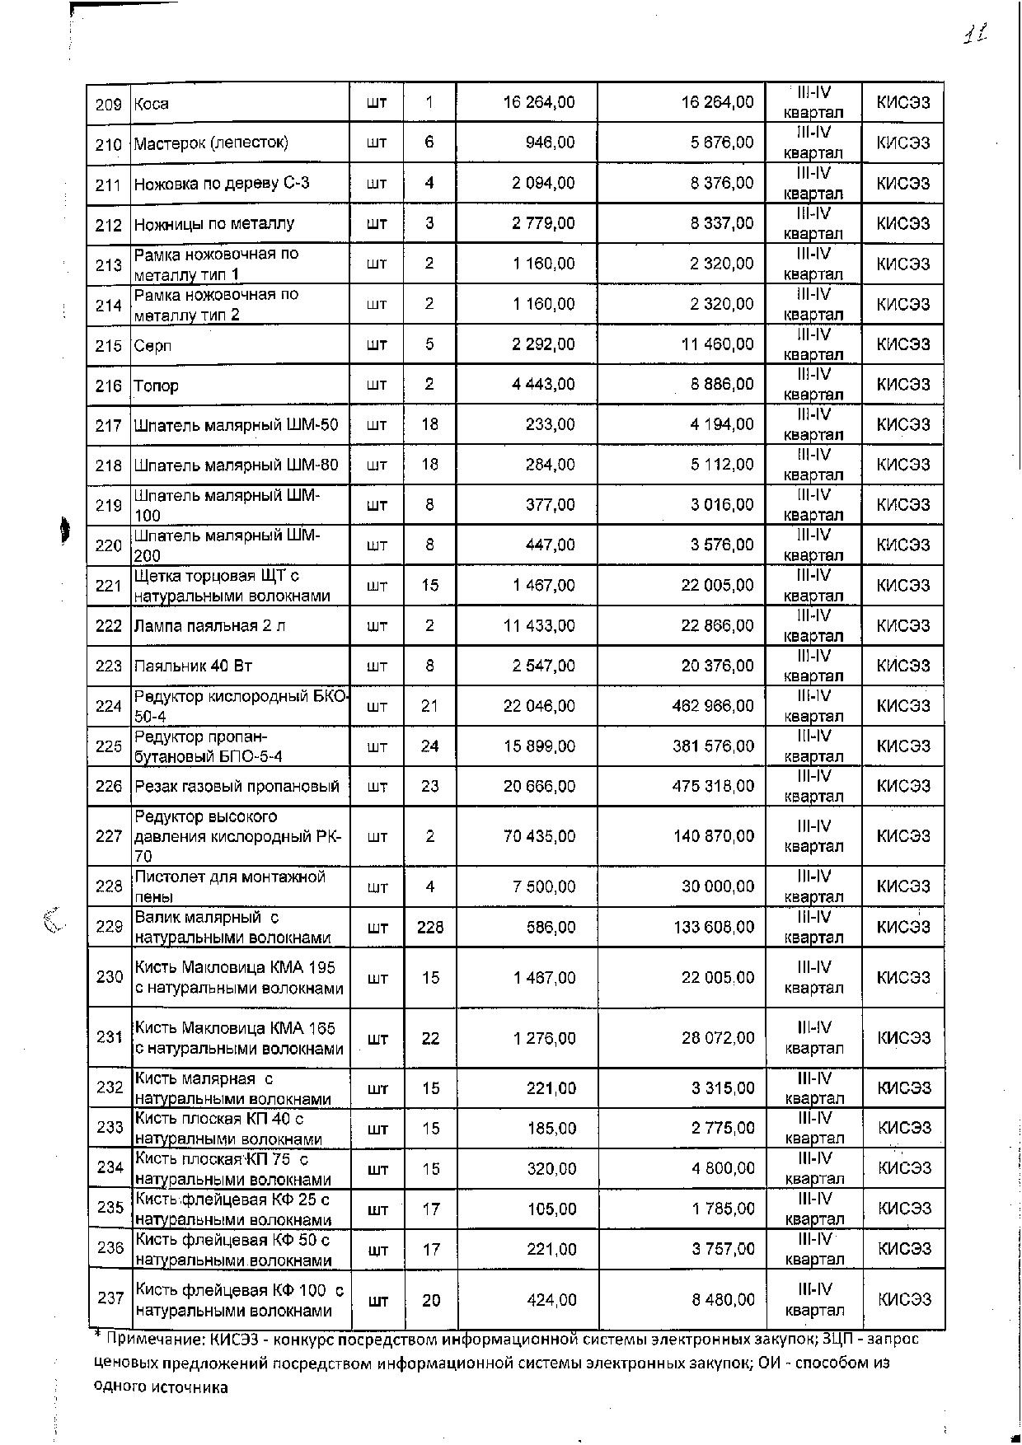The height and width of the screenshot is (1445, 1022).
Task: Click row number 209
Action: click(x=109, y=104)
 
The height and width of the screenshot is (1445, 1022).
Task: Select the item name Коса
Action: click(x=152, y=104)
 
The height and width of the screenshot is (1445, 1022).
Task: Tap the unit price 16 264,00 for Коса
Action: click(x=539, y=102)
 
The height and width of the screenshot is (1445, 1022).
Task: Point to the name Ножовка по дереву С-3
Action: click(x=222, y=183)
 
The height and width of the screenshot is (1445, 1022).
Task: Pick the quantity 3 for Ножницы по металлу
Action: click(x=429, y=223)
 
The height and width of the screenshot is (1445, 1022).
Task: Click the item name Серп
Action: click(x=152, y=345)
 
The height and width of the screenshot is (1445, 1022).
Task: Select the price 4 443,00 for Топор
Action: click(x=543, y=385)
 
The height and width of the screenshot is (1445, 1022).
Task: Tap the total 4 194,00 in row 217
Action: click(x=722, y=424)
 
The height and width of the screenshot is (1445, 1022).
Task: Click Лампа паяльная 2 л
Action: click(x=210, y=626)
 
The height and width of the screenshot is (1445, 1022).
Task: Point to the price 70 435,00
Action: click(x=540, y=836)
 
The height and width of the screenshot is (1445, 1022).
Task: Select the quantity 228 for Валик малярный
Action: click(x=430, y=928)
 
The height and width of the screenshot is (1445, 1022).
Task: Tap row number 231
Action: click(x=110, y=1037)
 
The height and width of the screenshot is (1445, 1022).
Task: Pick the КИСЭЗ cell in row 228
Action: click(x=903, y=886)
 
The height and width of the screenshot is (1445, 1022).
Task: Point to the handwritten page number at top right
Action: click(x=976, y=35)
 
